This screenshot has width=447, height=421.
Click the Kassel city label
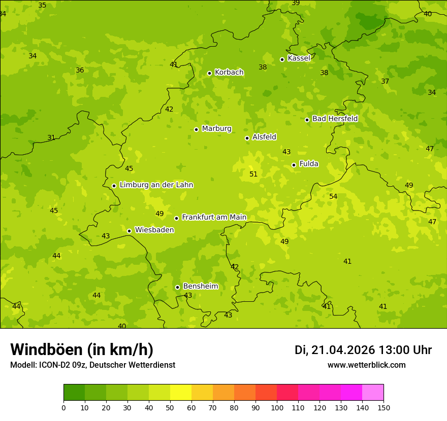point(299,58)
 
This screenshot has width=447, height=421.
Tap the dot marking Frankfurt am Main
point(176,218)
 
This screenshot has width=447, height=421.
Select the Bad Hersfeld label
point(335,119)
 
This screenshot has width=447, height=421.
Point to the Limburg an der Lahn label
point(156,185)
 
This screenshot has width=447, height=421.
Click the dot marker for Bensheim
point(177,287)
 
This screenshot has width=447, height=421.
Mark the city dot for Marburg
point(196,129)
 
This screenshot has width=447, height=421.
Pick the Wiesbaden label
point(154,230)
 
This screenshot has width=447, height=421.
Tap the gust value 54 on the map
point(333,196)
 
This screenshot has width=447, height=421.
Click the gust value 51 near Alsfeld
point(253,174)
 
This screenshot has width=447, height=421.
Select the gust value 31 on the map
point(51,137)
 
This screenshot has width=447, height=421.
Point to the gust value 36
point(80,70)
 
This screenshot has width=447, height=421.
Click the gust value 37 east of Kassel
point(385,81)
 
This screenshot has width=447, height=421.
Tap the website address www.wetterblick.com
point(366,365)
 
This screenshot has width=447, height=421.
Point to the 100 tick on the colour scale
point(277,407)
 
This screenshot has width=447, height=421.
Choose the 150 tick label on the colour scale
point(383,407)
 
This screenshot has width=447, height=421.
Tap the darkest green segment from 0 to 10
point(74,393)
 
